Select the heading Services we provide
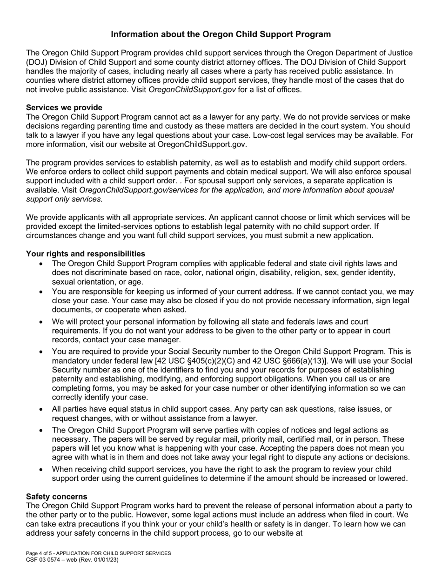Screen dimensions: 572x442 (64, 107)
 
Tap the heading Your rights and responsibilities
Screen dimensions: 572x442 (85, 253)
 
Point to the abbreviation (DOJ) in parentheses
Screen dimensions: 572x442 (38, 62)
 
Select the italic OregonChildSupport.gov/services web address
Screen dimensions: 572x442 (131, 190)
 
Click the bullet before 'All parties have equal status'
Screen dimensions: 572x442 (42, 409)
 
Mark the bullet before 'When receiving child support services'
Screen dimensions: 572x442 (42, 469)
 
